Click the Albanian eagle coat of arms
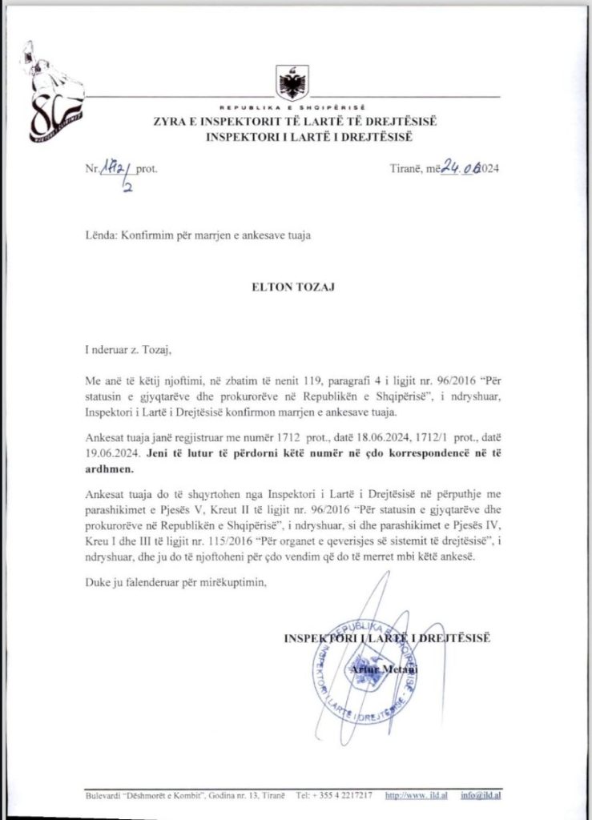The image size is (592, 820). tap(289, 81)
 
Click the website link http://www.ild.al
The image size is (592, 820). tap(416, 798)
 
